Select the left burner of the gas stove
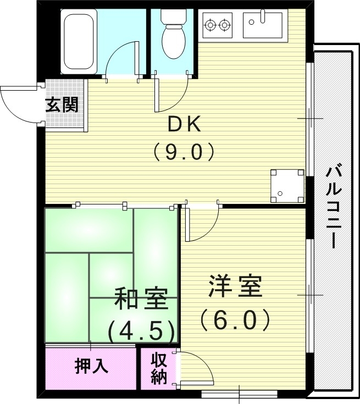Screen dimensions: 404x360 [x=210, y=24]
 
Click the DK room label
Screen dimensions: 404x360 [x=185, y=125]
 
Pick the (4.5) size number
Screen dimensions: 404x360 [x=141, y=331]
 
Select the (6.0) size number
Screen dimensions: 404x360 [x=235, y=319]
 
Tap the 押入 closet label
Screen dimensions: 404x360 [x=91, y=366]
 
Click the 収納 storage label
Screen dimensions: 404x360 [x=158, y=369]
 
